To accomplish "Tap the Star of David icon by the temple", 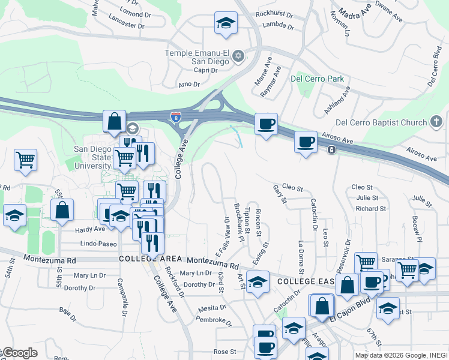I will [x=238, y=56].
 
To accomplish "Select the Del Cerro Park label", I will [x=317, y=79].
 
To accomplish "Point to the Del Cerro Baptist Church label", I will [x=381, y=123].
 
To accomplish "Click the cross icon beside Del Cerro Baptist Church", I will [x=437, y=123].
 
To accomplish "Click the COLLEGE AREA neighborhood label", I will [x=150, y=259].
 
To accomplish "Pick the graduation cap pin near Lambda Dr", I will [x=226, y=23].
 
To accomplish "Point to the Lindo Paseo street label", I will [x=98, y=244].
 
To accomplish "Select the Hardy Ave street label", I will [x=89, y=230].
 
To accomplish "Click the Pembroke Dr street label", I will [x=214, y=322].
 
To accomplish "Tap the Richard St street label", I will [x=370, y=209].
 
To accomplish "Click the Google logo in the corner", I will [x=20, y=353].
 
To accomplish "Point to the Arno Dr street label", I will [x=188, y=85].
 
